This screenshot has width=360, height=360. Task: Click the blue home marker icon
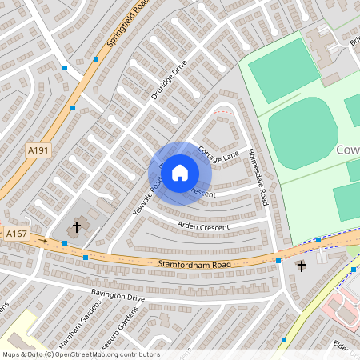180,172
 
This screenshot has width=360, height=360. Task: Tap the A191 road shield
38,150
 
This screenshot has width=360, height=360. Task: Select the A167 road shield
16,234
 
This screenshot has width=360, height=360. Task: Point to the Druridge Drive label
169,80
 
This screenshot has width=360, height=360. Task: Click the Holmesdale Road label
257,177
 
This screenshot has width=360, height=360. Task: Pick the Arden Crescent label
202,227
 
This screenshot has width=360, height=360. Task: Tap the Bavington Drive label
117,298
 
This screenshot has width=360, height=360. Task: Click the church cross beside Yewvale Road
77,227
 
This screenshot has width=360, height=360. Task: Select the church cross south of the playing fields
302,266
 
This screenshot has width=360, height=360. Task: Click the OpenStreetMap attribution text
80,354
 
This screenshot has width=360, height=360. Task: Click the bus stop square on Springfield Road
96,59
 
